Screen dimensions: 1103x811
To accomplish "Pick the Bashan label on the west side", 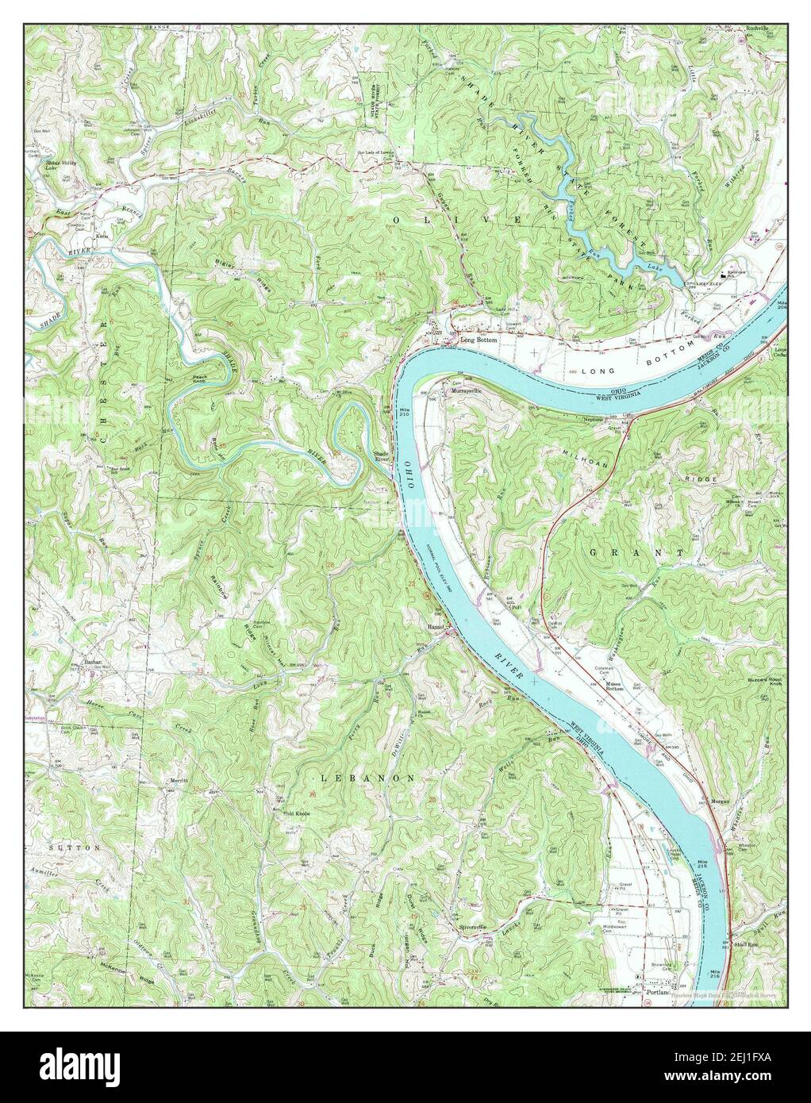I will [x=91, y=662].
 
